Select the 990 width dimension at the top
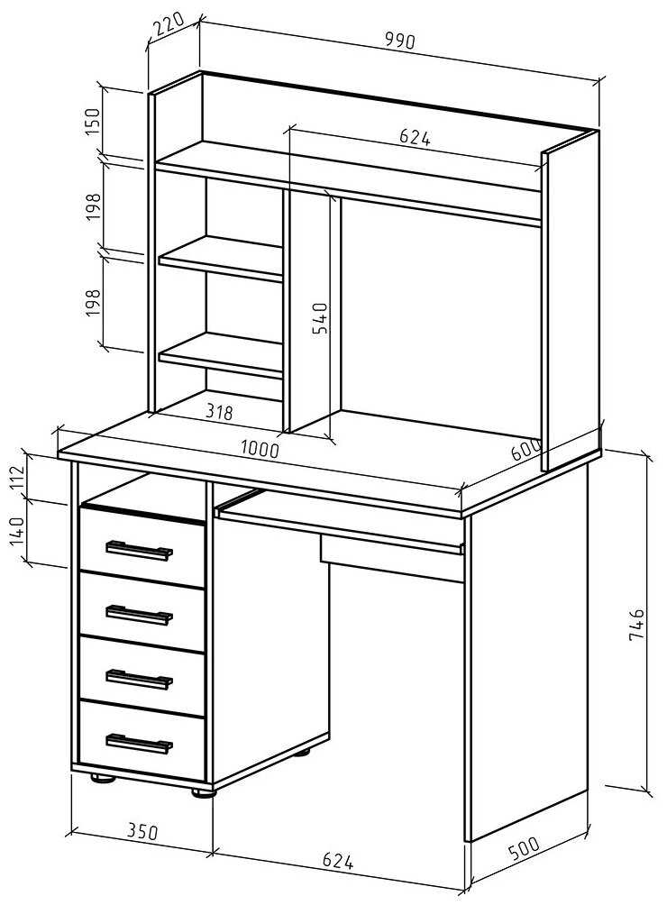(397, 41)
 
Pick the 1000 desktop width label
(260, 448)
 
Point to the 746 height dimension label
(636, 624)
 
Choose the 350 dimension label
(142, 831)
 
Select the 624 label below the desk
(337, 861)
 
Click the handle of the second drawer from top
(139, 615)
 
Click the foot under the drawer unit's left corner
(103, 778)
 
